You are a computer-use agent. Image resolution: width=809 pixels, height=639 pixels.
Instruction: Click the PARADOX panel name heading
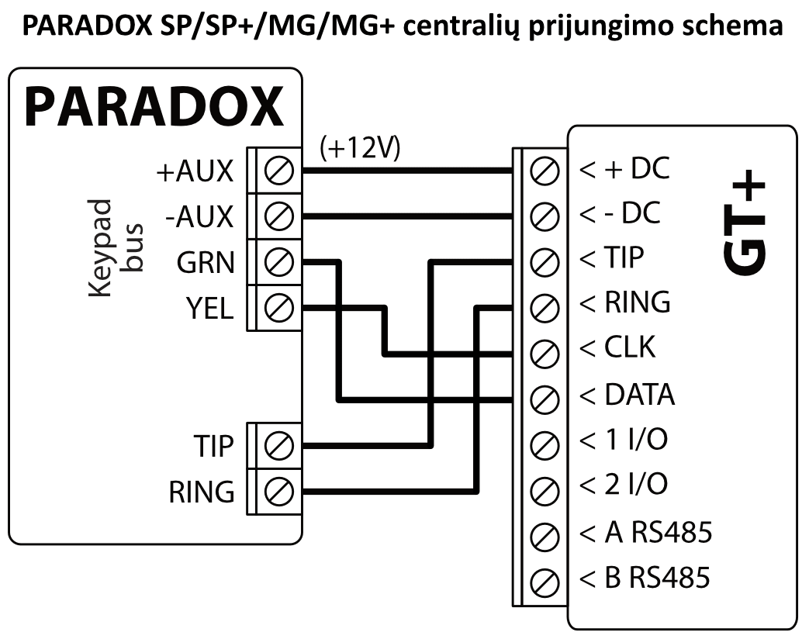(x=154, y=106)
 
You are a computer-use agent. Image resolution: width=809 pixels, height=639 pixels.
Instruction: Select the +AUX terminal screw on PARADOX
(x=278, y=170)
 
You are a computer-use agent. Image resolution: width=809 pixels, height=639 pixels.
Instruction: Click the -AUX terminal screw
(x=278, y=215)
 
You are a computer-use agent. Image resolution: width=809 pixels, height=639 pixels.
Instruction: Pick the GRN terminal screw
(x=278, y=261)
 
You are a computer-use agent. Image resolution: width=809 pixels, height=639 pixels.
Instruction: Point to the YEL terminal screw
(x=278, y=308)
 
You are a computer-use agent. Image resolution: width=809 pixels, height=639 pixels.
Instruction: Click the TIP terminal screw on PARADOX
(x=278, y=446)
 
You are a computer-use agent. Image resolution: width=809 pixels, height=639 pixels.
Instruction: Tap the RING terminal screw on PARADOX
(x=278, y=491)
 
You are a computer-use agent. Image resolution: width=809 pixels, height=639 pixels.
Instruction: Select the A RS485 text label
(x=645, y=533)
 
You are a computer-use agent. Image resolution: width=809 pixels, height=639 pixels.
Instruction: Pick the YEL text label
(x=209, y=309)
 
